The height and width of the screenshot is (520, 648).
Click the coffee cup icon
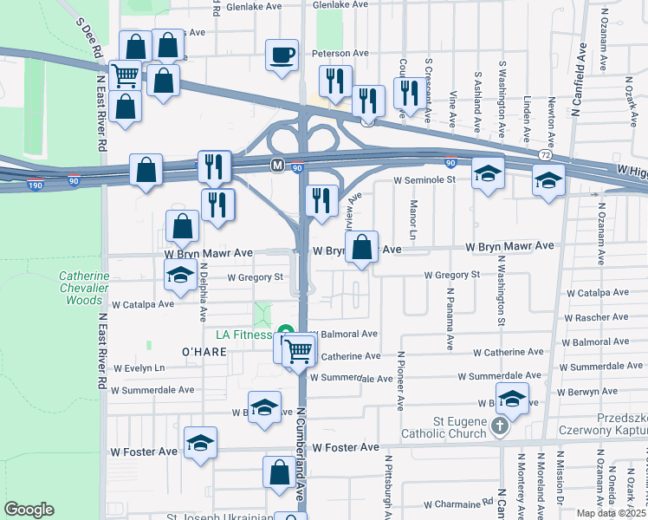tap(282, 55)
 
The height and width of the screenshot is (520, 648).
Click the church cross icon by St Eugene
tap(499, 426)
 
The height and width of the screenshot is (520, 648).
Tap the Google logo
tap(29, 510)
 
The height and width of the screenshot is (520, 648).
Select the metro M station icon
tap(277, 165)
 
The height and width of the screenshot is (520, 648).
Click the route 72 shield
tap(544, 154)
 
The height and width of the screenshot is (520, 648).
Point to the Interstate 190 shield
tap(36, 185)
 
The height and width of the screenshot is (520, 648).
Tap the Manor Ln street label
tap(413, 221)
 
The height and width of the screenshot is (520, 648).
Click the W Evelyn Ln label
tap(138, 367)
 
